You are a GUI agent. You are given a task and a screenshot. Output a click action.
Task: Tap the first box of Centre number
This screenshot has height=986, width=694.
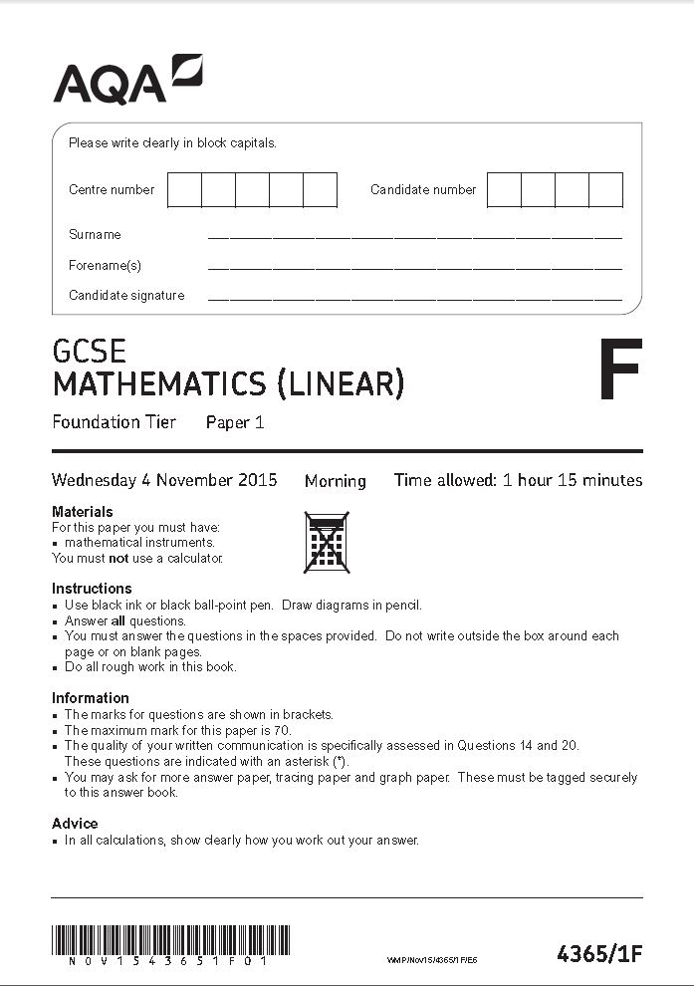184,189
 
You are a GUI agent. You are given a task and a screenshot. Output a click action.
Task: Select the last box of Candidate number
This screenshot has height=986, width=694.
605,189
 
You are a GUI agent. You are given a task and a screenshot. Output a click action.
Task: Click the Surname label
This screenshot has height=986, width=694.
95,235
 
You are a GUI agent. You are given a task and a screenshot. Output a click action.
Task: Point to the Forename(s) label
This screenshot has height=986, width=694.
105,266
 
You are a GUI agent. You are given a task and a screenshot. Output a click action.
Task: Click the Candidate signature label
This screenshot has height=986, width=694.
126,296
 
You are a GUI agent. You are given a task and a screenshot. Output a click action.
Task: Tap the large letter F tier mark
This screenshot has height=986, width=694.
620,370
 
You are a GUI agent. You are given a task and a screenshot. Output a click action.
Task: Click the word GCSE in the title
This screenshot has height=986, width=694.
90,352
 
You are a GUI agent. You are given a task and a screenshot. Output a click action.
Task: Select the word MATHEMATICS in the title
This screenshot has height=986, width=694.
159,383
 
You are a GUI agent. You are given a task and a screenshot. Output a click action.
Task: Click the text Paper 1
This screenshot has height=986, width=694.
235,422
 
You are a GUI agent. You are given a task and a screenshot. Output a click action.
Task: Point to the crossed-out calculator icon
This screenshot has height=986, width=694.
326,543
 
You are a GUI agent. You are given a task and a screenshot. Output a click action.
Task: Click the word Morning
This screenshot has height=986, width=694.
336,481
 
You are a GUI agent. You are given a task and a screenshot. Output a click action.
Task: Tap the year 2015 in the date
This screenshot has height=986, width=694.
258,480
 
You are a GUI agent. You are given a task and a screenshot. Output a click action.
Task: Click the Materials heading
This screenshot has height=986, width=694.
83,512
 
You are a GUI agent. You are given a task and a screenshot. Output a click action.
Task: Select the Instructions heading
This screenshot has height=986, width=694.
92,589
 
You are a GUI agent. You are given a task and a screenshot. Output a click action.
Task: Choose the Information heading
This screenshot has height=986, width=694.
91,698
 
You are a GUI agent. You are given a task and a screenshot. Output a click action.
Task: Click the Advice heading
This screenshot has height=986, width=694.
75,824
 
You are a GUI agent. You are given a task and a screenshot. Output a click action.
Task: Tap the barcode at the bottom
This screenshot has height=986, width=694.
170,940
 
